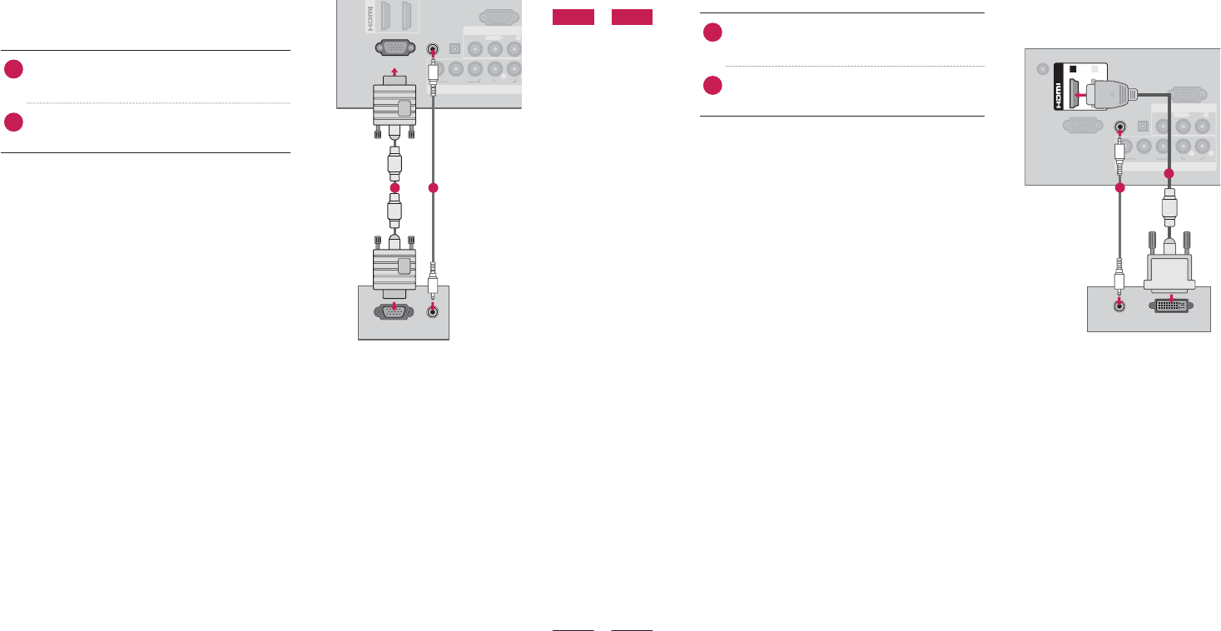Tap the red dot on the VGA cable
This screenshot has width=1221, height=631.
395,187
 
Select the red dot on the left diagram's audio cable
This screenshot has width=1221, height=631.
433,189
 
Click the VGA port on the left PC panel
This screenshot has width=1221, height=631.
394,311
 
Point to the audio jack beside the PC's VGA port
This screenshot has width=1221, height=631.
432,311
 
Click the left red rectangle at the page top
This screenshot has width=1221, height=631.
573,17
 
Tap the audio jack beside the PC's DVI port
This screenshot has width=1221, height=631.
1119,306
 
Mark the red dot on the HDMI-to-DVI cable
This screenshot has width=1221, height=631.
1169,173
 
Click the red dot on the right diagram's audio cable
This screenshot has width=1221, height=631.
1119,188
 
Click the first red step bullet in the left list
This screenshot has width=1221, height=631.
12,69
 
